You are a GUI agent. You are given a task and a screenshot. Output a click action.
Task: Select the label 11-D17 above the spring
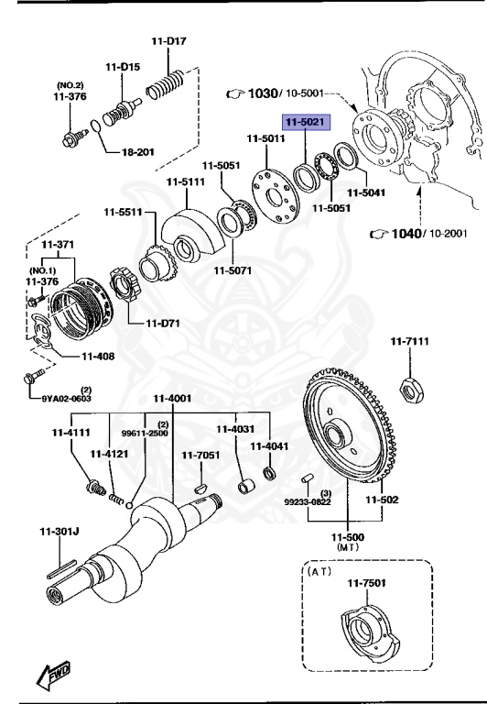[168, 41]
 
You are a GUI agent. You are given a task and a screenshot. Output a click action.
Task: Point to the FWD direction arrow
[54, 675]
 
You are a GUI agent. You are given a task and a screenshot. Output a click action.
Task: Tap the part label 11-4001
[171, 398]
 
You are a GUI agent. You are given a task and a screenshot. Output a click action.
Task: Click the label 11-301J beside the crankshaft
[60, 530]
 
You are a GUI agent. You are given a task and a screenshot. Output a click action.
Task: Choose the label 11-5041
[368, 193]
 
